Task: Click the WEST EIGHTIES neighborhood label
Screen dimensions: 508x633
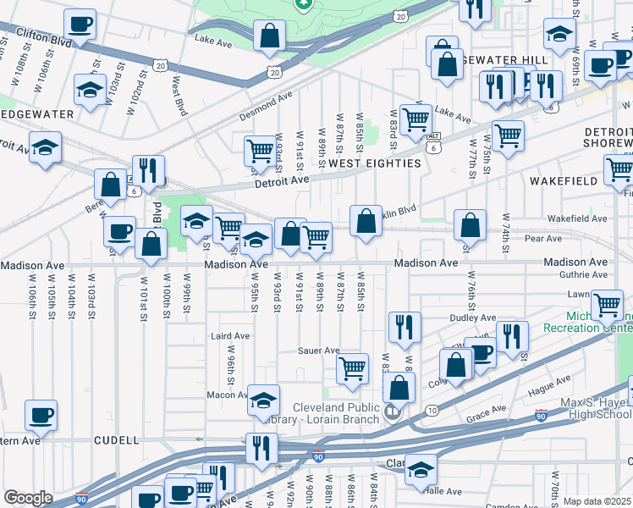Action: (x=374, y=163)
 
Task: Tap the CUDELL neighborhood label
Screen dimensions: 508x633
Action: (x=116, y=440)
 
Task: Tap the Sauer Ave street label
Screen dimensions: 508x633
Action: (x=318, y=351)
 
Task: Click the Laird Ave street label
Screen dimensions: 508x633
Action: (x=229, y=335)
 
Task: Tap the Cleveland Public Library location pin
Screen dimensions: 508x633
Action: (x=391, y=412)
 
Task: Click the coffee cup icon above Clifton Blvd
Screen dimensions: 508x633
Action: (x=80, y=25)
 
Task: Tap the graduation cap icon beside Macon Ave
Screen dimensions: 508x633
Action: (x=264, y=399)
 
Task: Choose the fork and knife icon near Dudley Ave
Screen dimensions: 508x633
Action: (x=405, y=327)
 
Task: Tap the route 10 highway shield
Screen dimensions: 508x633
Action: (x=432, y=411)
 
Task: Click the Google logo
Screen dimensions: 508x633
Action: (x=28, y=498)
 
